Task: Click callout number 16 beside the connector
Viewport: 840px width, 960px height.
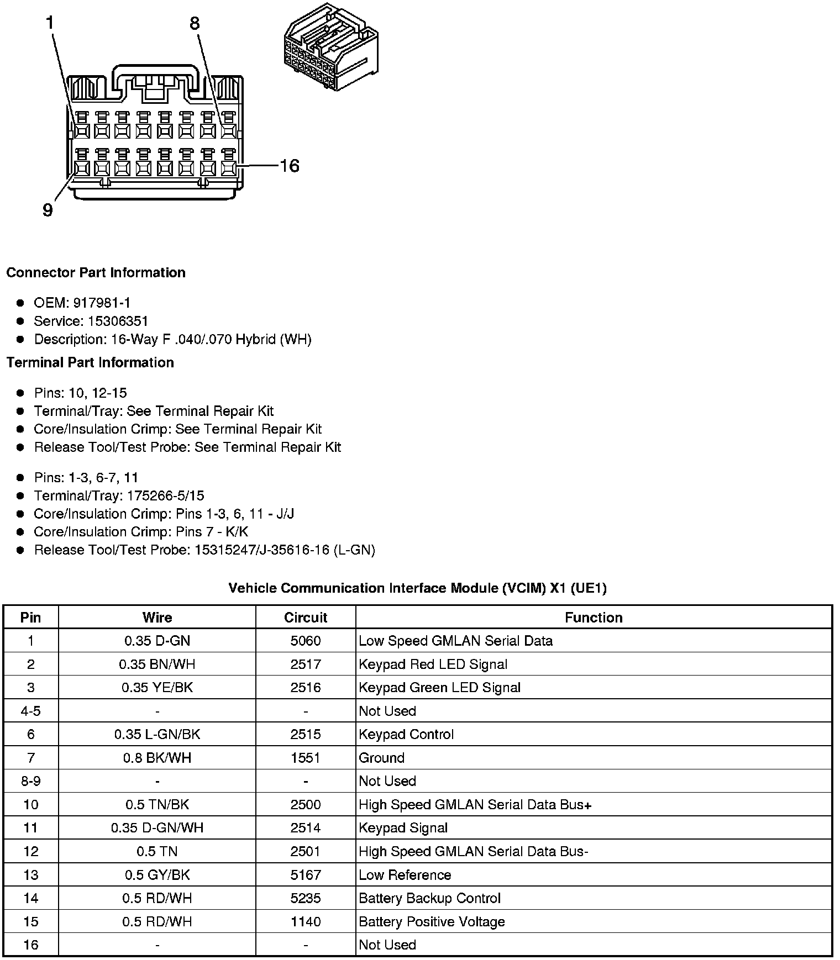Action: tap(290, 166)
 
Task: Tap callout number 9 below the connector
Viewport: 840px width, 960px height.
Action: tap(48, 210)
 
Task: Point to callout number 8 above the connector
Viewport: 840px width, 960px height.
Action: tap(195, 23)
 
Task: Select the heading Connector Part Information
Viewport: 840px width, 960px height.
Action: tap(96, 273)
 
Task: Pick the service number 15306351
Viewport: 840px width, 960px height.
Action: tap(118, 321)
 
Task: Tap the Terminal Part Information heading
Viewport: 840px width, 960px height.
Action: tap(90, 362)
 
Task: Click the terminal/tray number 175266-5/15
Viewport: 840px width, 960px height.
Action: tap(165, 495)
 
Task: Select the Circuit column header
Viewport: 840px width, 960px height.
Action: tap(306, 618)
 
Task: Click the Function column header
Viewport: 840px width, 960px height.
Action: tap(594, 618)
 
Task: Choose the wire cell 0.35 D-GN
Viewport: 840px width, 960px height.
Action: tap(157, 641)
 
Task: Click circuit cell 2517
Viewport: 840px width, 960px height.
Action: tap(306, 664)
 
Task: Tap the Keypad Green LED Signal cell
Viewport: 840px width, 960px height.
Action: tap(439, 688)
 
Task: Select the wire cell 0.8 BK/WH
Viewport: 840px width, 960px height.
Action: tap(157, 758)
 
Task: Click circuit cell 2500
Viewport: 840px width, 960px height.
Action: tap(306, 804)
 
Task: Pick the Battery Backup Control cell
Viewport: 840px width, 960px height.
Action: tap(429, 898)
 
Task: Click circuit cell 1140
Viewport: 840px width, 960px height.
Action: tap(306, 921)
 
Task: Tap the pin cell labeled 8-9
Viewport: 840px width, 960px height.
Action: tap(30, 781)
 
